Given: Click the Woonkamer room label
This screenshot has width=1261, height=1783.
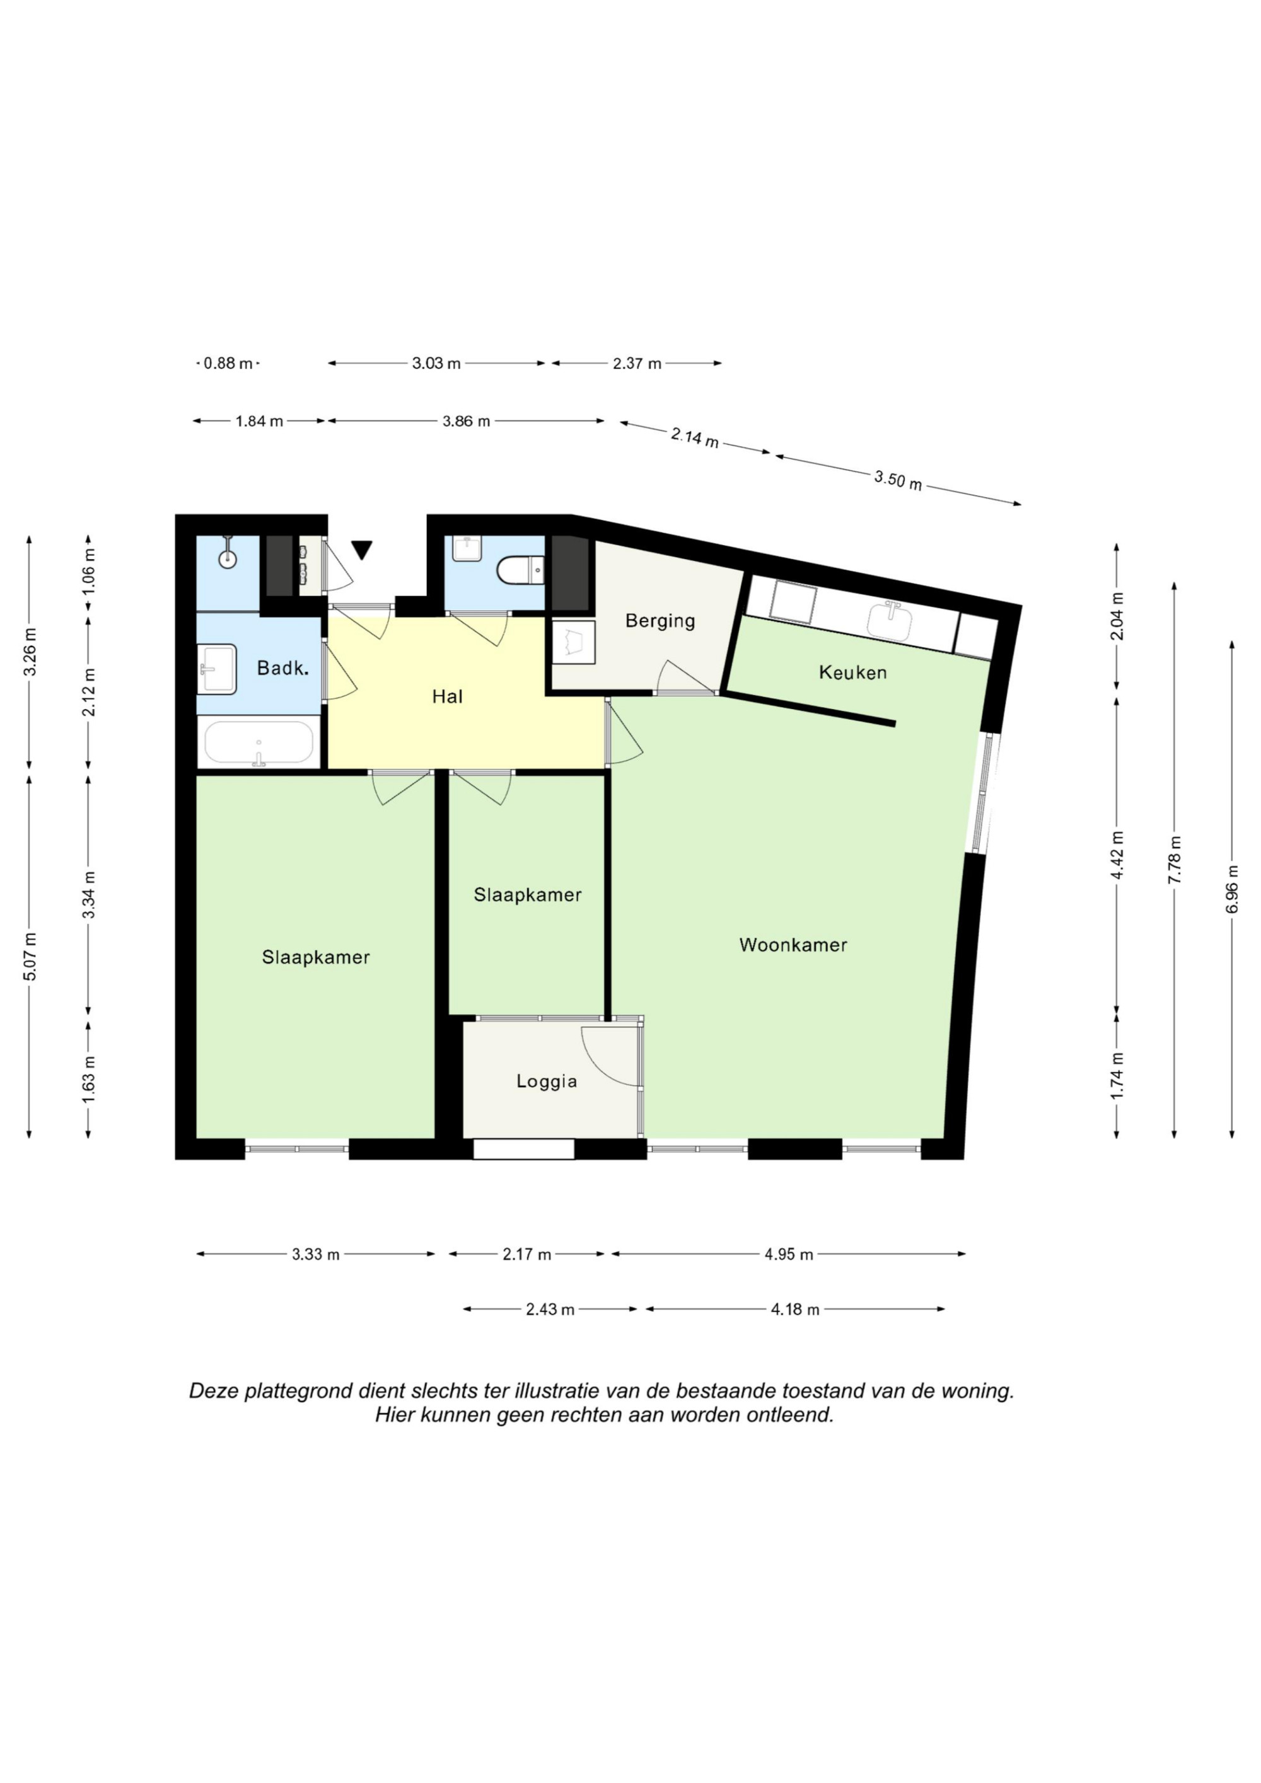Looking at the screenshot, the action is coord(793,945).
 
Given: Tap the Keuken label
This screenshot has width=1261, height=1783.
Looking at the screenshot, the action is coord(852,672).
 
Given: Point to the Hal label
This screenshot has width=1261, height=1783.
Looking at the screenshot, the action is coord(448,696).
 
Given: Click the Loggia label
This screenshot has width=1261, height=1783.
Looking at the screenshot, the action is coord(547,1081).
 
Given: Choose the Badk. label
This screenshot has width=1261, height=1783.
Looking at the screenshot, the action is coord(284,668).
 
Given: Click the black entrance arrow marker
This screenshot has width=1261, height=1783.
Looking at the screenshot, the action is coord(362,550).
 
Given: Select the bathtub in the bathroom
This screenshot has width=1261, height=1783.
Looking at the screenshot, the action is coord(259,743).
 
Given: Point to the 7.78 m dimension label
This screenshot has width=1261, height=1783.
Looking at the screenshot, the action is coord(1175,859).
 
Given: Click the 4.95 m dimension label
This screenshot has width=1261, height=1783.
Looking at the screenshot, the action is coord(789,1254).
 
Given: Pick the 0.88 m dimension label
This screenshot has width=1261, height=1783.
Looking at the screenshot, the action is coord(228,362).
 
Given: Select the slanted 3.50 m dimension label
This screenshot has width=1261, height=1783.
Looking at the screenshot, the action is coord(898,481).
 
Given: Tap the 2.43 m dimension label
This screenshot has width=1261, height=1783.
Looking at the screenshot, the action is coord(550,1309).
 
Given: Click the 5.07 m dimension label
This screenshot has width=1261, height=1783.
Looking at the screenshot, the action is coord(30,956).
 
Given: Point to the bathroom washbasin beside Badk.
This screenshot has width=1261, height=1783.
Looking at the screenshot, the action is coord(218,668).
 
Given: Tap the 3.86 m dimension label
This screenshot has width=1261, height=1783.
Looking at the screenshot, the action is coord(466,421).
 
